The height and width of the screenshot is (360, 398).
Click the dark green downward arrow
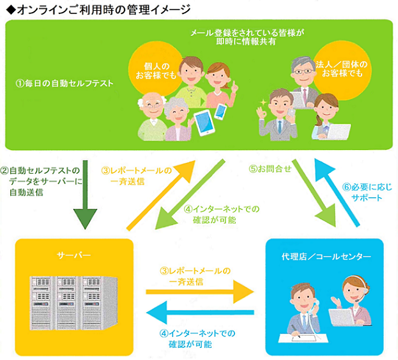(86, 195)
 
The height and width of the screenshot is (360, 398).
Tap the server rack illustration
(73, 303)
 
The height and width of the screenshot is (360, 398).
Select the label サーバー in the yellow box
(74, 255)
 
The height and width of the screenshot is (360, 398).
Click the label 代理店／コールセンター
(326, 257)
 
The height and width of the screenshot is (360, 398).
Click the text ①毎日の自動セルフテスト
(65, 83)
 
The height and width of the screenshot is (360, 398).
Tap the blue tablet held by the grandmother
(204, 123)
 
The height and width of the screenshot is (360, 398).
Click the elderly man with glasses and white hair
(152, 117)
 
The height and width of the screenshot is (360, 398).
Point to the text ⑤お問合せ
(270, 169)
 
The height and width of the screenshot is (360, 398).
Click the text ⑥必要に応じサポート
(367, 192)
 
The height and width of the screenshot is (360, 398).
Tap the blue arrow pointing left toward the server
(200, 312)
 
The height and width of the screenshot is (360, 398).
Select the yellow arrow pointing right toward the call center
(200, 292)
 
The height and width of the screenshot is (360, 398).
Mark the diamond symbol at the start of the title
(11, 10)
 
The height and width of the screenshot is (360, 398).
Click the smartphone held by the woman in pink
(220, 111)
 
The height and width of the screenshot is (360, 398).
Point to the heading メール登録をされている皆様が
(247, 33)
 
